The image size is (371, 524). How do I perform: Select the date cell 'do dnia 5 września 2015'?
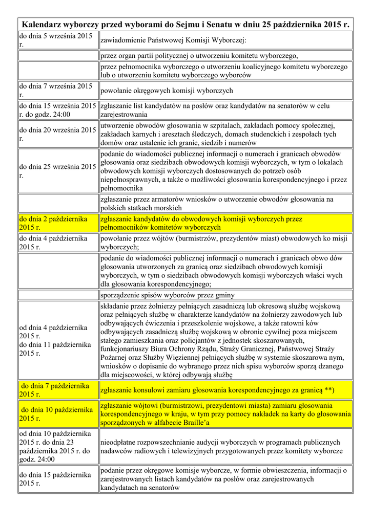(58, 40)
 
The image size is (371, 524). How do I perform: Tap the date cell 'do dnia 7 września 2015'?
(58, 91)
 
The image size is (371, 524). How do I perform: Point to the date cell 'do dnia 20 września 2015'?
(58, 134)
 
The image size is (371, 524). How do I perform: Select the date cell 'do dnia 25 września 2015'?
(58, 171)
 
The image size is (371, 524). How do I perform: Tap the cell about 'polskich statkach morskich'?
(141, 208)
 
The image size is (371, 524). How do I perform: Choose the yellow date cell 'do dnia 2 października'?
(58, 223)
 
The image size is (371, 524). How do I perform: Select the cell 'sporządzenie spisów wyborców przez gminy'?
(168, 295)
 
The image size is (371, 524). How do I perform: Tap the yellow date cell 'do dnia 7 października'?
(58, 389)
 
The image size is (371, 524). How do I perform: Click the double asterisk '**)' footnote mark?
(329, 390)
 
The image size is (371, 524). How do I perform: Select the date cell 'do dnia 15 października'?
(58, 479)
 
